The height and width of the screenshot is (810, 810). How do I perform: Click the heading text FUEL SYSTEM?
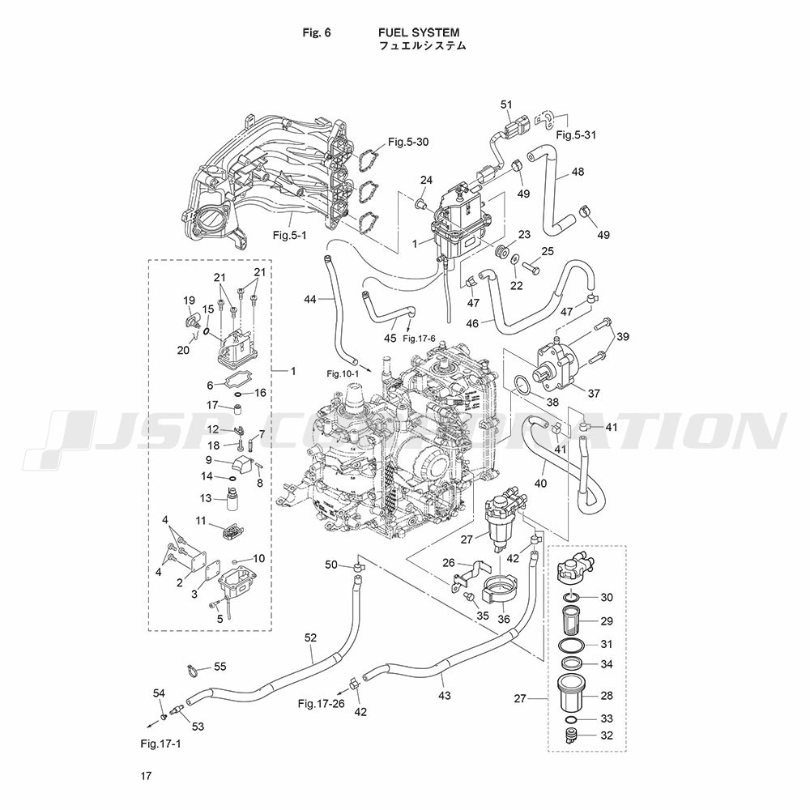tap(418, 32)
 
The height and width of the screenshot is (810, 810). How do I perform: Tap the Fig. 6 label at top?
tap(317, 32)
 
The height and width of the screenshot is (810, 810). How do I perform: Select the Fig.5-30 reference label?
tap(407, 142)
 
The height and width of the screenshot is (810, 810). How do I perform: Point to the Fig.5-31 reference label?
tap(576, 135)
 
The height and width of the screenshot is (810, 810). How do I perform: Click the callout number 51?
tap(507, 104)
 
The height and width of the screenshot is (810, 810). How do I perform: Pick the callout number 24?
tap(426, 180)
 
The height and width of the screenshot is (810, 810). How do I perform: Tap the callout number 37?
tap(594, 394)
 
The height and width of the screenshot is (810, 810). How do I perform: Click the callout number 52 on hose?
tap(310, 637)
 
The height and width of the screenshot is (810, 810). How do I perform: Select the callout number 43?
tap(444, 695)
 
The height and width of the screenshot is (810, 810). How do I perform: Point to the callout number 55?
tap(220, 667)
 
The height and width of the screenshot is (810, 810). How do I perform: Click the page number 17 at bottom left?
tap(145, 777)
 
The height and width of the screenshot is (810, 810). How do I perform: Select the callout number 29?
tap(606, 621)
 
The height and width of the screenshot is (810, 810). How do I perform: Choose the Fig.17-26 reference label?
tap(321, 703)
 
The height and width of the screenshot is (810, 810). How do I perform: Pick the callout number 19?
tap(190, 301)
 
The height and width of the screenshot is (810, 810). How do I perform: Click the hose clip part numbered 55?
tap(191, 669)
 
